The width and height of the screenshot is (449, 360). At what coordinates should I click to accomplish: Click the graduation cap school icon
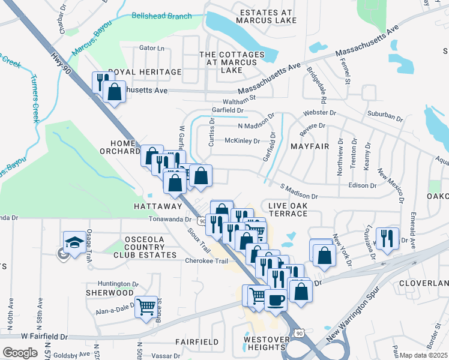[74, 242]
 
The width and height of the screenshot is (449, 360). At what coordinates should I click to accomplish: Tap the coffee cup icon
[276, 299]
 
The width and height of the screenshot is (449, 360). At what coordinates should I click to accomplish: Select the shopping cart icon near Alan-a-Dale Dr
[146, 306]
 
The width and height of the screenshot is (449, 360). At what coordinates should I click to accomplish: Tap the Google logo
[20, 353]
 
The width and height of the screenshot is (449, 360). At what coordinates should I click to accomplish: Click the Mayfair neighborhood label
[311, 146]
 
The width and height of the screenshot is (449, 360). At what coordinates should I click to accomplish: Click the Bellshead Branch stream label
[161, 16]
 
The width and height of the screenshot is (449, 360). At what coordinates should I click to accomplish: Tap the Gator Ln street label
[151, 48]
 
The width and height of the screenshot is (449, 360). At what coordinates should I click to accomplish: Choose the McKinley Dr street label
[242, 142]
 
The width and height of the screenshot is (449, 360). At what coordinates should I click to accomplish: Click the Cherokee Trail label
[206, 260]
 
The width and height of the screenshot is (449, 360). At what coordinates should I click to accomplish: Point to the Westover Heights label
[264, 343]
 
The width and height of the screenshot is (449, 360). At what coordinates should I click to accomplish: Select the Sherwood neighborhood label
[109, 293]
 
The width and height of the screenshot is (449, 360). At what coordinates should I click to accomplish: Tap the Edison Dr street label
[361, 185]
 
